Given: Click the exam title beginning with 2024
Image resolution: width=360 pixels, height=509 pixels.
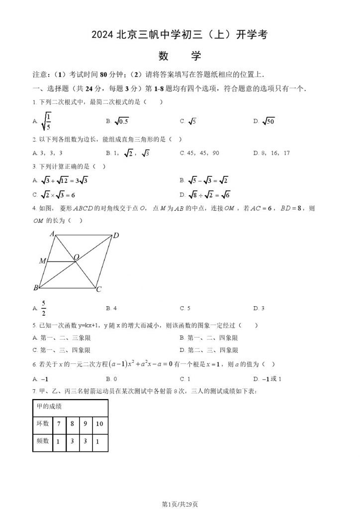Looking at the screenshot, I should pyautogui.click(x=180, y=35).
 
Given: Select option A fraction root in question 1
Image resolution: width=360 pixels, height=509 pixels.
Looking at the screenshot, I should pyautogui.click(x=46, y=121).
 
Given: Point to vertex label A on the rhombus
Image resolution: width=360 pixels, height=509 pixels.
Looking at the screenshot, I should pyautogui.click(x=52, y=233).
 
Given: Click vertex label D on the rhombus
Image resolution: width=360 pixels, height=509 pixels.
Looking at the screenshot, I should pyautogui.click(x=116, y=236).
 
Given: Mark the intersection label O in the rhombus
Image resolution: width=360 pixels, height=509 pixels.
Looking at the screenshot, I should pyautogui.click(x=77, y=257).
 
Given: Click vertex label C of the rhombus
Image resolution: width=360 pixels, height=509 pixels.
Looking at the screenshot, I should pyautogui.click(x=99, y=290).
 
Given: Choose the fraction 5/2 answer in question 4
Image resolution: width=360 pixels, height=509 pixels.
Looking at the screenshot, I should pyautogui.click(x=43, y=308).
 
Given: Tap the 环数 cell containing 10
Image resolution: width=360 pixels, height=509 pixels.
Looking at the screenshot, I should pyautogui.click(x=99, y=424).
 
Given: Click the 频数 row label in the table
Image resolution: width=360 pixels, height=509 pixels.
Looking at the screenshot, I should pyautogui.click(x=43, y=441).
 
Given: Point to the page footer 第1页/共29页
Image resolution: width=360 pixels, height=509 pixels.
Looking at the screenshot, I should pyautogui.click(x=180, y=504).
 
